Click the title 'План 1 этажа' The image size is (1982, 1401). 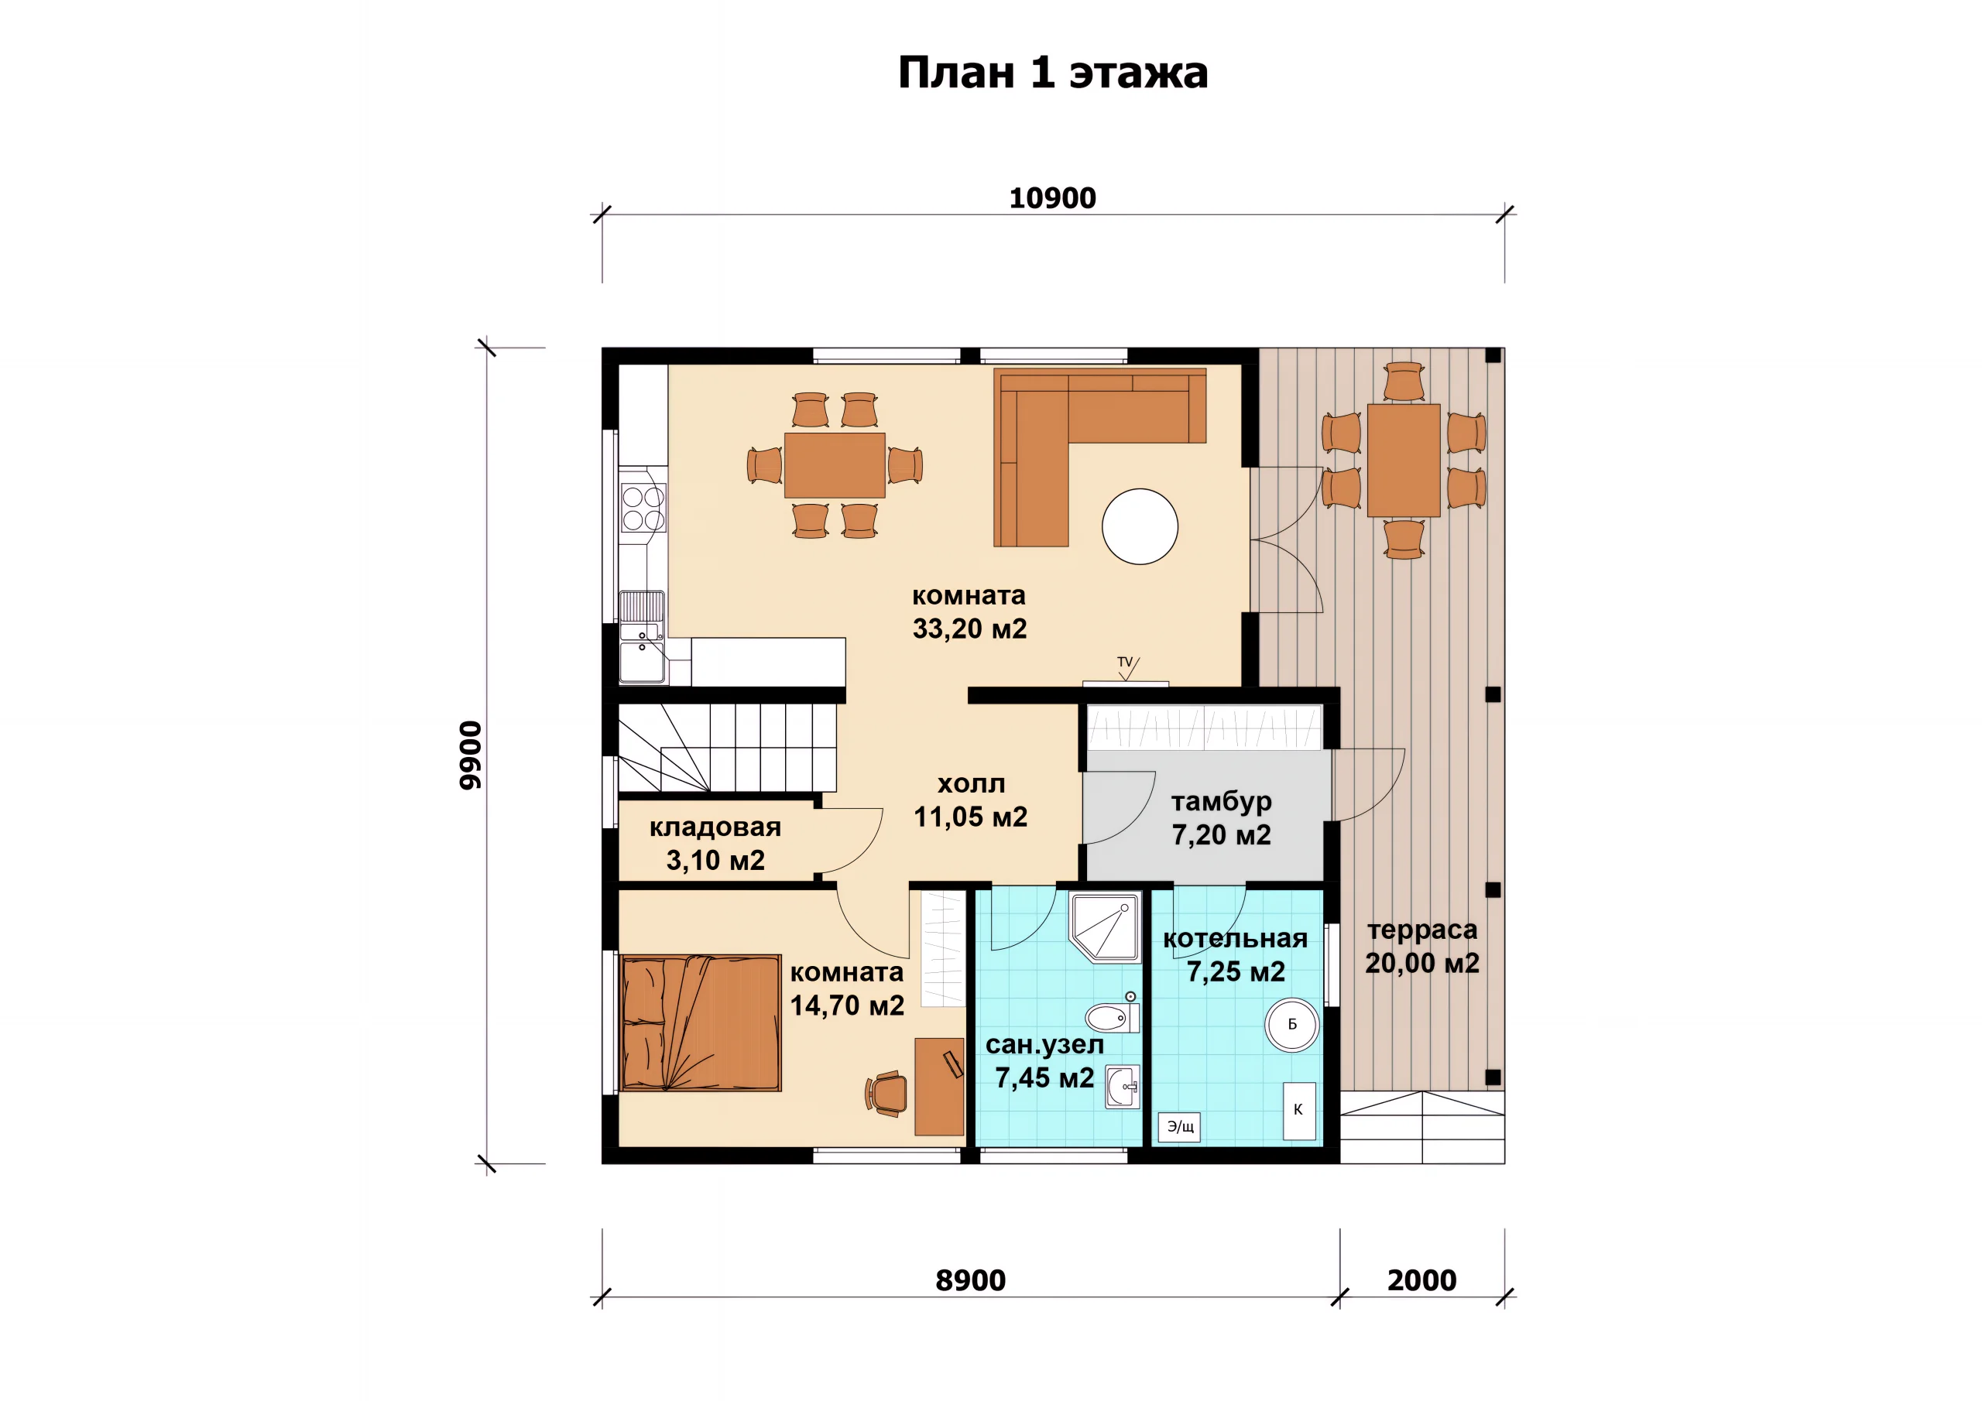[x=1052, y=73]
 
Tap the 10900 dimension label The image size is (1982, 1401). [x=1052, y=197]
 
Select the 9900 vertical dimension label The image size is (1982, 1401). [x=471, y=755]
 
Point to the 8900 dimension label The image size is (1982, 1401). [x=970, y=1280]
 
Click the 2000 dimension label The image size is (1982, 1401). [x=1421, y=1280]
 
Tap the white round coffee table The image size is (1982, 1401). [x=1140, y=526]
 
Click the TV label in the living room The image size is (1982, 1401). [x=1125, y=662]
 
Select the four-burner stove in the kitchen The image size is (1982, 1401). [x=643, y=508]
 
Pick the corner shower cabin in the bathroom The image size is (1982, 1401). [x=1105, y=927]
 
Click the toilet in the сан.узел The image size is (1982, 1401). [x=1113, y=1017]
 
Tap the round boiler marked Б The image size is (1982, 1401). [x=1291, y=1025]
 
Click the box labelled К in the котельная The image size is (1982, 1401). [x=1299, y=1111]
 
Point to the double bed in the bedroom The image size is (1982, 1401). [x=700, y=1023]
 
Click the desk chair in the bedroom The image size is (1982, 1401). [x=886, y=1094]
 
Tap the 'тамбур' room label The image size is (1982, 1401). [x=1221, y=802]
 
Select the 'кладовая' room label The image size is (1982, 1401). [x=715, y=827]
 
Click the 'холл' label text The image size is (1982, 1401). [x=971, y=784]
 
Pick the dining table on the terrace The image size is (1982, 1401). [x=1404, y=460]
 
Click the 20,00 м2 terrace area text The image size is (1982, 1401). [x=1421, y=962]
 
